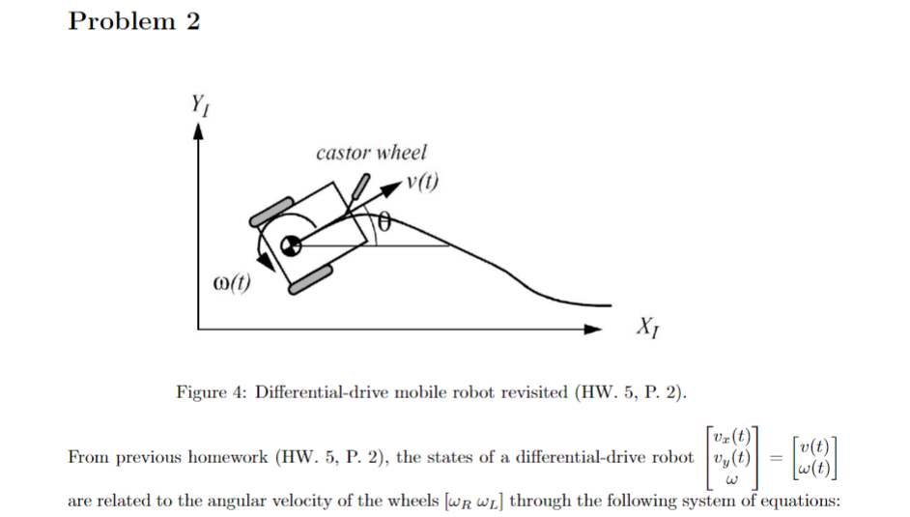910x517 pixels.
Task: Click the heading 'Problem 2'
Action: coord(134,22)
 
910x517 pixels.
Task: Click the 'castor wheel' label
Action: coord(371,152)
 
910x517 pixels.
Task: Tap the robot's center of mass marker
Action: coord(286,245)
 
